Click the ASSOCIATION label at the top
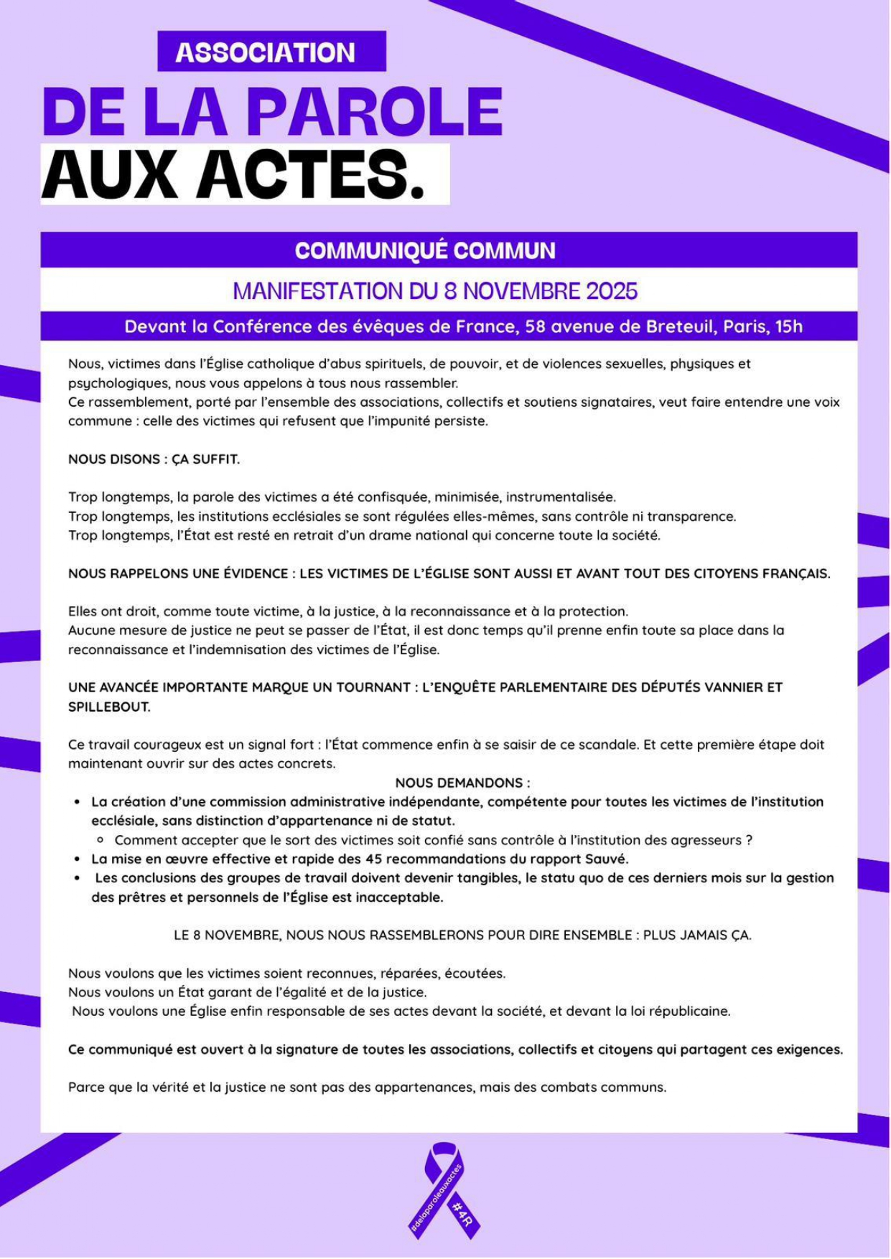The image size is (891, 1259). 265,52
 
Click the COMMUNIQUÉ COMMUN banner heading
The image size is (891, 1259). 425,250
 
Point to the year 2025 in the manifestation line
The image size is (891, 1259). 612,291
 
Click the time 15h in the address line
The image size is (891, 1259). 789,327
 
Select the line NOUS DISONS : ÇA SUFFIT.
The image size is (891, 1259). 154,459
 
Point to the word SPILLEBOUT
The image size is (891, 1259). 109,707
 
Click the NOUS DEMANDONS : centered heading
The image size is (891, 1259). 462,783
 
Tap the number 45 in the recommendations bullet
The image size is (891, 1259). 373,859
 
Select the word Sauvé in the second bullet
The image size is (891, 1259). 609,859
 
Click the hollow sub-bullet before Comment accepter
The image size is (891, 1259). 101,840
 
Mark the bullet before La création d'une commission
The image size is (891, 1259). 78,802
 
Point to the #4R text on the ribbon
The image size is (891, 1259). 462,1212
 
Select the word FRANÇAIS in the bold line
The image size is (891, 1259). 796,574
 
